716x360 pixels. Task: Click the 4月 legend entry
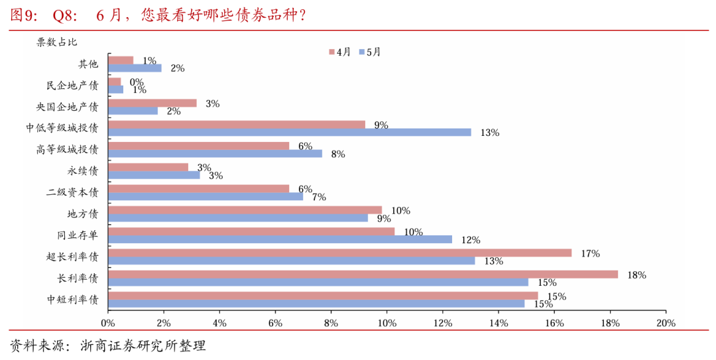tap(339, 51)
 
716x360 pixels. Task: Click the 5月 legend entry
tap(369, 51)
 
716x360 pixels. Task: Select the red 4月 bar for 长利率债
tap(363, 274)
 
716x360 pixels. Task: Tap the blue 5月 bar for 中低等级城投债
tap(289, 132)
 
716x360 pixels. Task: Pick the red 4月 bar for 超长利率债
tap(339, 253)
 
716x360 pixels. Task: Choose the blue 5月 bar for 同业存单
tap(280, 239)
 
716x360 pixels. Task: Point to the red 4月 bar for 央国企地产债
tap(152, 103)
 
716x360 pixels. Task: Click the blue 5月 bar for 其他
tap(135, 68)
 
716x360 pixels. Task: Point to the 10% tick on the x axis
tap(387, 323)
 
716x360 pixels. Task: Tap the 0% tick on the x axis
tap(108, 323)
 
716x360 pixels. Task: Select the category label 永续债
tap(83, 170)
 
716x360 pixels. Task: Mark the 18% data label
tap(636, 274)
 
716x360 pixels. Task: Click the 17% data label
tap(590, 253)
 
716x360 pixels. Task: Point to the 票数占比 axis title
tap(56, 42)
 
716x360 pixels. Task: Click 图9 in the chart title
tap(25, 15)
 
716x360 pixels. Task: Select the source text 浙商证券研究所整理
tap(143, 345)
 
